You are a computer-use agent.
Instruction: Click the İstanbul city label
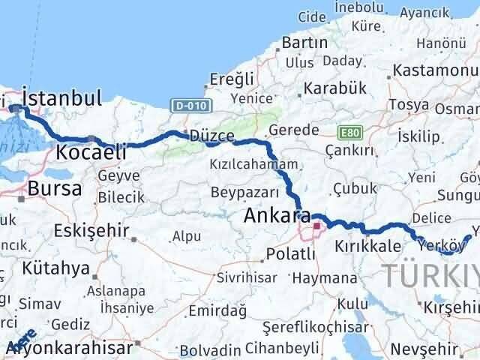62,97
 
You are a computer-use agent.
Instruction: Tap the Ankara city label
277,217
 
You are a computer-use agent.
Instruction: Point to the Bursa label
54,188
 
